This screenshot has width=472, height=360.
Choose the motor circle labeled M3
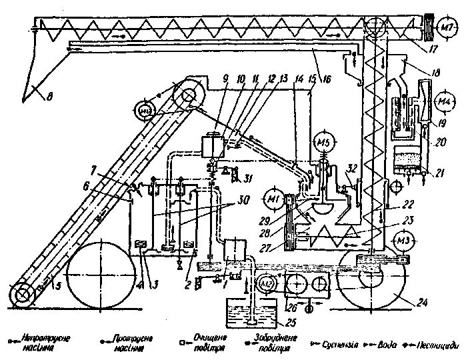point(404,240)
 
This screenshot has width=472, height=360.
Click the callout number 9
point(226,79)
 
